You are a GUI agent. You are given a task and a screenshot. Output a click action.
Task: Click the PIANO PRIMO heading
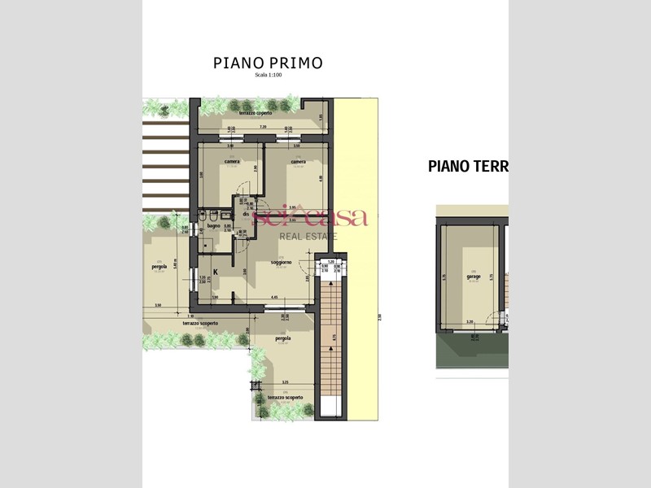coord(268,63)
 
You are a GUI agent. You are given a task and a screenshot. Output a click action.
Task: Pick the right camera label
coord(298,161)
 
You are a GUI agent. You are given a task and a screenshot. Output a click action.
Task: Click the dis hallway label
coord(245,213)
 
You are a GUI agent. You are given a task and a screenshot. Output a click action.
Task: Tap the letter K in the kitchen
coord(215,272)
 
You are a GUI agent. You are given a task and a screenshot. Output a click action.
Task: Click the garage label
coord(473,277)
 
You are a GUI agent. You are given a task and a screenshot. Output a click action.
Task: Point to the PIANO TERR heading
coord(467,167)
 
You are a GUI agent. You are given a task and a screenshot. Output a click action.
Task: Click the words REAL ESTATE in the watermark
coord(310,236)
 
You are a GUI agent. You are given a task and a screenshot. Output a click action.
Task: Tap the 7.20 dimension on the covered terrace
coord(262,128)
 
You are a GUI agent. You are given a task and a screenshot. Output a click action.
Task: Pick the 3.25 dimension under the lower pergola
coord(284,382)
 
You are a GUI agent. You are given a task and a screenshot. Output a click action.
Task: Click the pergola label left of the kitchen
coord(159,266)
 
